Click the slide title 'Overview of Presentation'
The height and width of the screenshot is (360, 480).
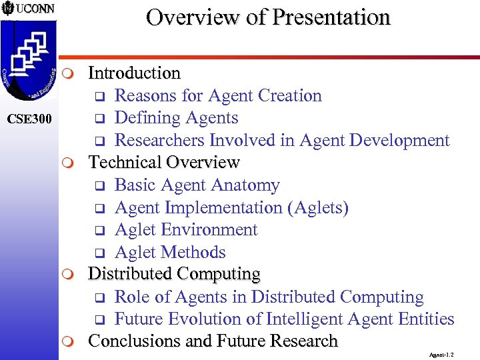(x=268, y=17)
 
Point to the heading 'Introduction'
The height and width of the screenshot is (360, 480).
(x=134, y=73)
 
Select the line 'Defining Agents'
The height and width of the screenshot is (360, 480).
(x=176, y=118)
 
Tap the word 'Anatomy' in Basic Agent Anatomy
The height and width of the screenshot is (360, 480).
(x=246, y=185)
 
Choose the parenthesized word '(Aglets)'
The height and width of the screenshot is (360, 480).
(x=317, y=208)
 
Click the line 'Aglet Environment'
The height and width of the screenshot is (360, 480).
(x=186, y=230)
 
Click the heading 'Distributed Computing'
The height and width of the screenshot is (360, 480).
(x=174, y=274)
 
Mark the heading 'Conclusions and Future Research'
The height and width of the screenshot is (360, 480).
(x=213, y=341)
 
